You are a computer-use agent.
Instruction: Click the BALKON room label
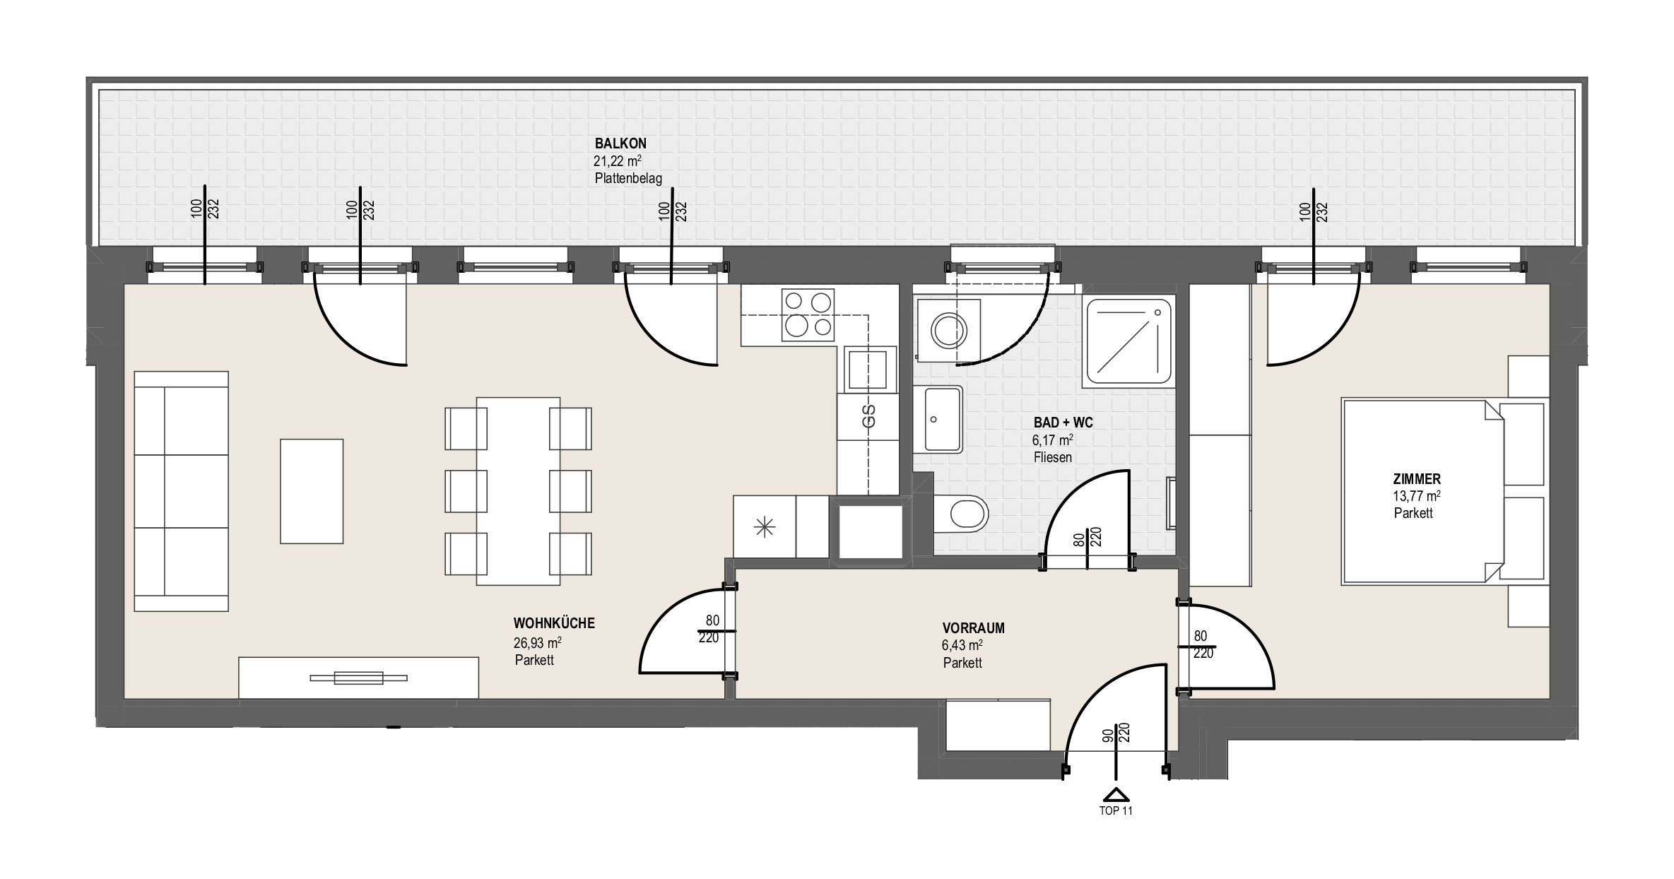620,144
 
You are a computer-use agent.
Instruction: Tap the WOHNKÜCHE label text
554,623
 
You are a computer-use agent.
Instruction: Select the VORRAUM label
973,628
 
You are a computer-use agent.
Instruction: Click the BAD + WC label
1063,423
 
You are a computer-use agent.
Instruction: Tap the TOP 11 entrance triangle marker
1116,794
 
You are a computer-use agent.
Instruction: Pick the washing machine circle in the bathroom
948,330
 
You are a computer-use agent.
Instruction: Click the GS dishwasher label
868,417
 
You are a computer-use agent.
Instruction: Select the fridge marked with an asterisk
765,527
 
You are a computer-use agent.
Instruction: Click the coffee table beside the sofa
312,491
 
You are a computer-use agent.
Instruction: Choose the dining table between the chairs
519,491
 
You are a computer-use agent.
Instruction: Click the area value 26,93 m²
538,643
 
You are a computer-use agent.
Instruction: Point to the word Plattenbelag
628,178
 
